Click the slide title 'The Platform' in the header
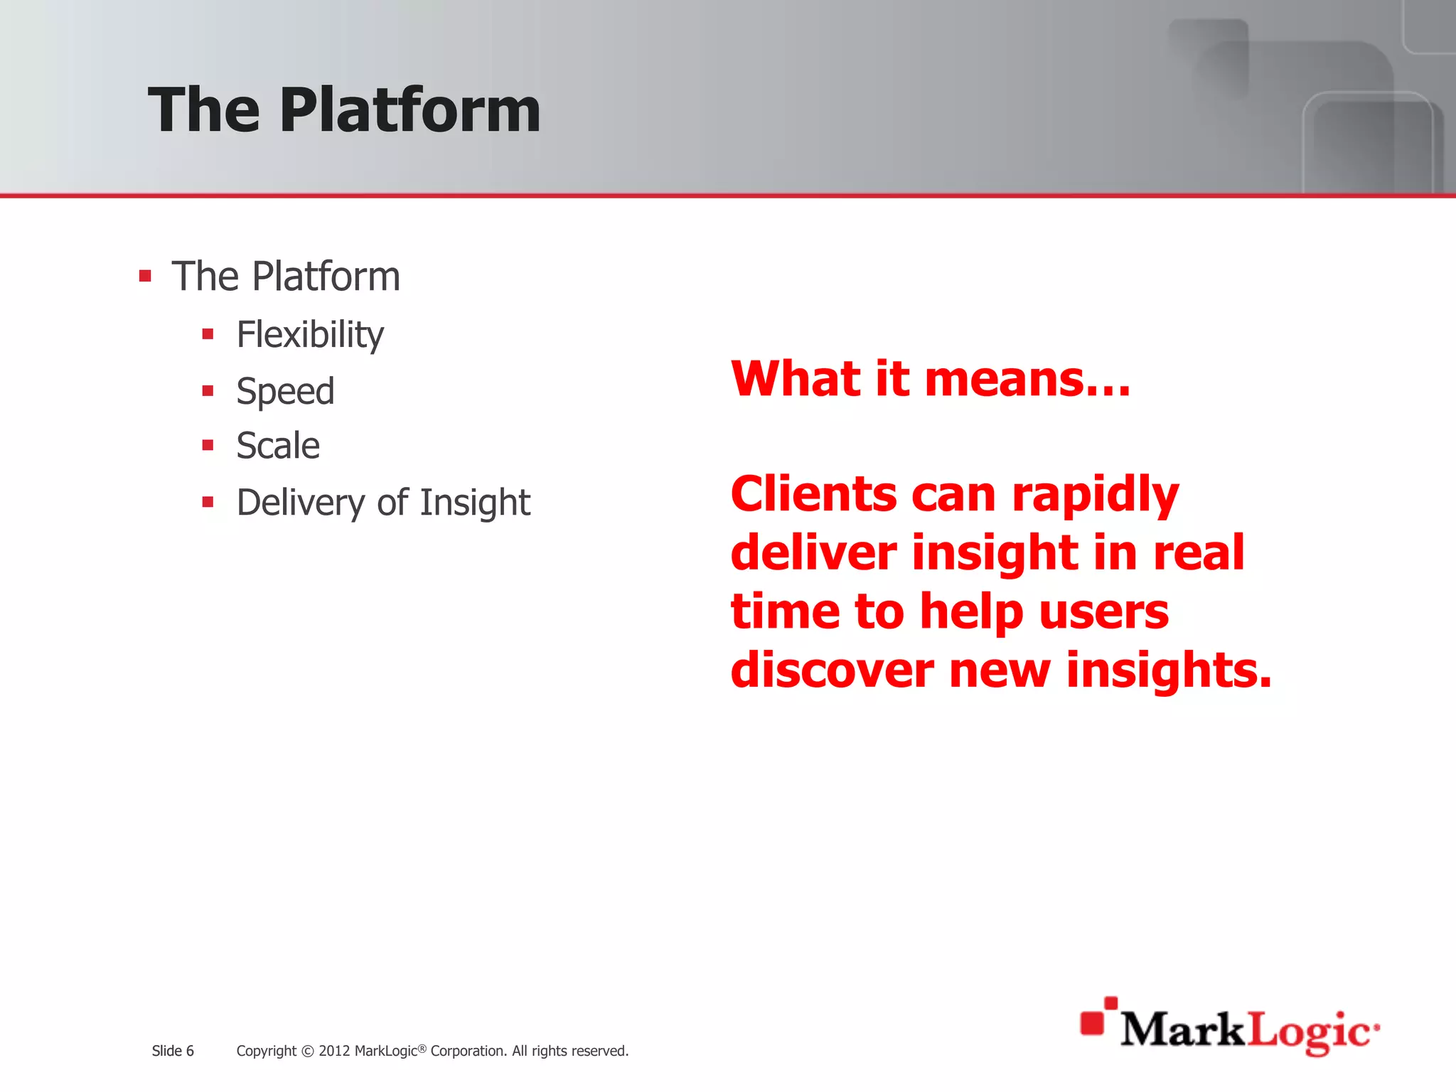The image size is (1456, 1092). coord(344,109)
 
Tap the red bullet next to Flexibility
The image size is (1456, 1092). coord(208,334)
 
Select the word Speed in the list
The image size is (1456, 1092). coord(285,391)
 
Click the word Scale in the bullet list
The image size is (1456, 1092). coord(278,446)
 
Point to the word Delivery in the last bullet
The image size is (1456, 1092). coord(301,503)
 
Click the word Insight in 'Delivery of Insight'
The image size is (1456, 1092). coord(475,502)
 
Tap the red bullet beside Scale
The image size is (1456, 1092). coord(208,446)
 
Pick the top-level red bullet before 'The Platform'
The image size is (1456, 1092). coord(145,276)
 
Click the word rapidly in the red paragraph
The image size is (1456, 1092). coord(1095,495)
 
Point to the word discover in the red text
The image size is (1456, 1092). coord(832,670)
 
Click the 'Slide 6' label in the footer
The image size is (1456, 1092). coord(173,1051)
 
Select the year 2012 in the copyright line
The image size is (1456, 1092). coord(333,1051)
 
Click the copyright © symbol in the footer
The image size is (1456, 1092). coord(307,1051)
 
